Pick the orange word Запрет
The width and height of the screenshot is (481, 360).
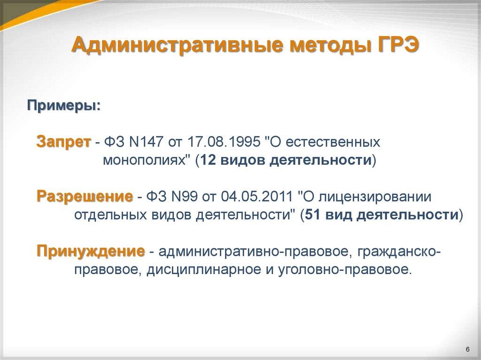coord(63,141)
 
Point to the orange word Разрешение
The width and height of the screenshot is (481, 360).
coord(85,196)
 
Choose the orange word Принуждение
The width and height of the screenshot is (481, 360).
coord(91,251)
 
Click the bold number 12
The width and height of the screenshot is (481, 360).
coord(208,161)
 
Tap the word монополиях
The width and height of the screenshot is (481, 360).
coord(142,161)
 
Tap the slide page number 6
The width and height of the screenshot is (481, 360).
coord(468,348)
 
